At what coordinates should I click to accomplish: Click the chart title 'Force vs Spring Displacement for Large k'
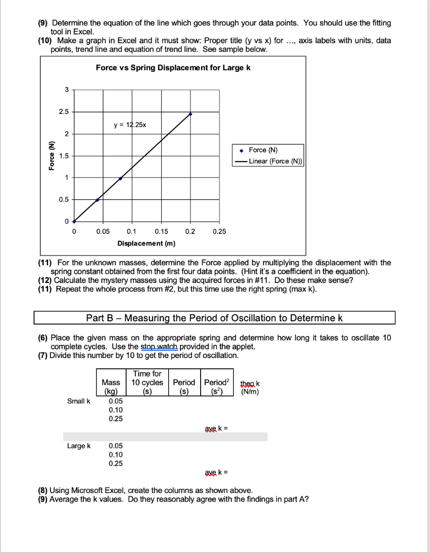pos(173,68)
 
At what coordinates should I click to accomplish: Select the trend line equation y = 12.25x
pos(130,125)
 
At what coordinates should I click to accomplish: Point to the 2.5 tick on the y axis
pos(64,112)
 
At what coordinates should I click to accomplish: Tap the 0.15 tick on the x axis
pos(161,232)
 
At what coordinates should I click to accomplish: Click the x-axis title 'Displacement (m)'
pos(146,244)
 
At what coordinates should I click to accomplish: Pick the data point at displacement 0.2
pos(190,114)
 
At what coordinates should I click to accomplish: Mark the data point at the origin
pos(74,221)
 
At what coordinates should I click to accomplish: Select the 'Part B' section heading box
pos(215,318)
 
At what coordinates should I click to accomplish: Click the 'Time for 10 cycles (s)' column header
pos(148,382)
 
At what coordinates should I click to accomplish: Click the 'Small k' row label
pos(79,401)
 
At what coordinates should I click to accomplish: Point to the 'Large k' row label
pos(79,446)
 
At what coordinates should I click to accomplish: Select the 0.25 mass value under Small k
pos(115,418)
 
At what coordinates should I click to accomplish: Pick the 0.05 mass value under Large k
pos(115,446)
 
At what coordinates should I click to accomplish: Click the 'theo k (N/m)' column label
pos(250,388)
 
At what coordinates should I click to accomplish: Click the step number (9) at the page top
pos(43,23)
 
